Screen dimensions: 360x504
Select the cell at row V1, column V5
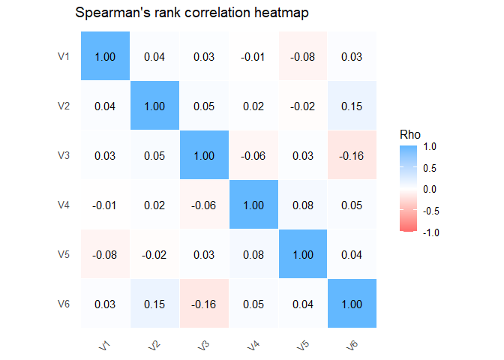pos(303,56)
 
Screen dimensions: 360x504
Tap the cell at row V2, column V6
pos(352,106)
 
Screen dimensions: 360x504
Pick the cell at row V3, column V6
pos(352,155)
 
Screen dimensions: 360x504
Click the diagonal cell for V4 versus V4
pos(254,205)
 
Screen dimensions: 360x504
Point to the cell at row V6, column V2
pos(155,304)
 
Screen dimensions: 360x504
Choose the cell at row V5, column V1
pos(106,254)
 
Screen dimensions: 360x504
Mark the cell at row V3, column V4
pos(254,155)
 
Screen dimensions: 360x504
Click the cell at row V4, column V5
pos(303,205)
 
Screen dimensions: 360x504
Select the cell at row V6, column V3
pos(205,304)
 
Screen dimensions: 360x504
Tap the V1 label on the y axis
pos(64,56)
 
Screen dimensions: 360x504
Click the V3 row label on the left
pos(64,155)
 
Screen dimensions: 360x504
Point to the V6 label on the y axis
pos(64,304)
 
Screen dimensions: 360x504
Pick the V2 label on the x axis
pos(154,345)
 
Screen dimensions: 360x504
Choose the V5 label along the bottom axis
pos(302,345)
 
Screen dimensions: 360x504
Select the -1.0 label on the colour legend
pos(430,232)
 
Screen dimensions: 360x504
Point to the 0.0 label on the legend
pos(432,190)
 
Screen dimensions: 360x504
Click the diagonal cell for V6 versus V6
pos(352,304)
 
